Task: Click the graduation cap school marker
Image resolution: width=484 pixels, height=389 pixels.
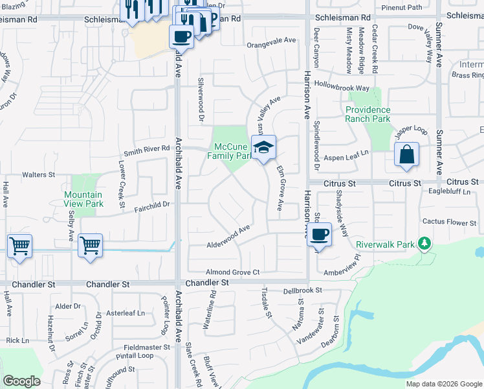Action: coord(263,148)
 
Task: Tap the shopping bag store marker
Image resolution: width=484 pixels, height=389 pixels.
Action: coord(406,155)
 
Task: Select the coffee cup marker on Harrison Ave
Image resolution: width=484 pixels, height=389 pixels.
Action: coord(319,234)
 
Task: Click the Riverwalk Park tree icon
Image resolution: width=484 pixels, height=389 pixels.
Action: coord(424,244)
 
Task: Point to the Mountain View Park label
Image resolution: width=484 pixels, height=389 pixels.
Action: coord(83,199)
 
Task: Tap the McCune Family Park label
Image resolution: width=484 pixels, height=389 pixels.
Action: coord(230,151)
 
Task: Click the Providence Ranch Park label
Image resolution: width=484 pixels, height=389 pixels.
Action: coord(368,114)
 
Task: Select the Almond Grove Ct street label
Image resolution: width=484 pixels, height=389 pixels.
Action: coord(232,272)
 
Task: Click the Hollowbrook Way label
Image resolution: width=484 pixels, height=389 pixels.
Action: coord(342,87)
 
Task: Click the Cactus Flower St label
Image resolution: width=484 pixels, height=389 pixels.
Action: coord(449,222)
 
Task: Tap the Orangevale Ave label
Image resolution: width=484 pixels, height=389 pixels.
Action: coord(271,40)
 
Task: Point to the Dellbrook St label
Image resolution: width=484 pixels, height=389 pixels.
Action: coord(303,291)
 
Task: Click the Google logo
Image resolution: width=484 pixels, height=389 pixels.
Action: coord(21,381)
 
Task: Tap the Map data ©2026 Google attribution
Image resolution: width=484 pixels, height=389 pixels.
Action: coord(443,384)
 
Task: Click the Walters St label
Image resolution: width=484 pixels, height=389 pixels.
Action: coord(39,175)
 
